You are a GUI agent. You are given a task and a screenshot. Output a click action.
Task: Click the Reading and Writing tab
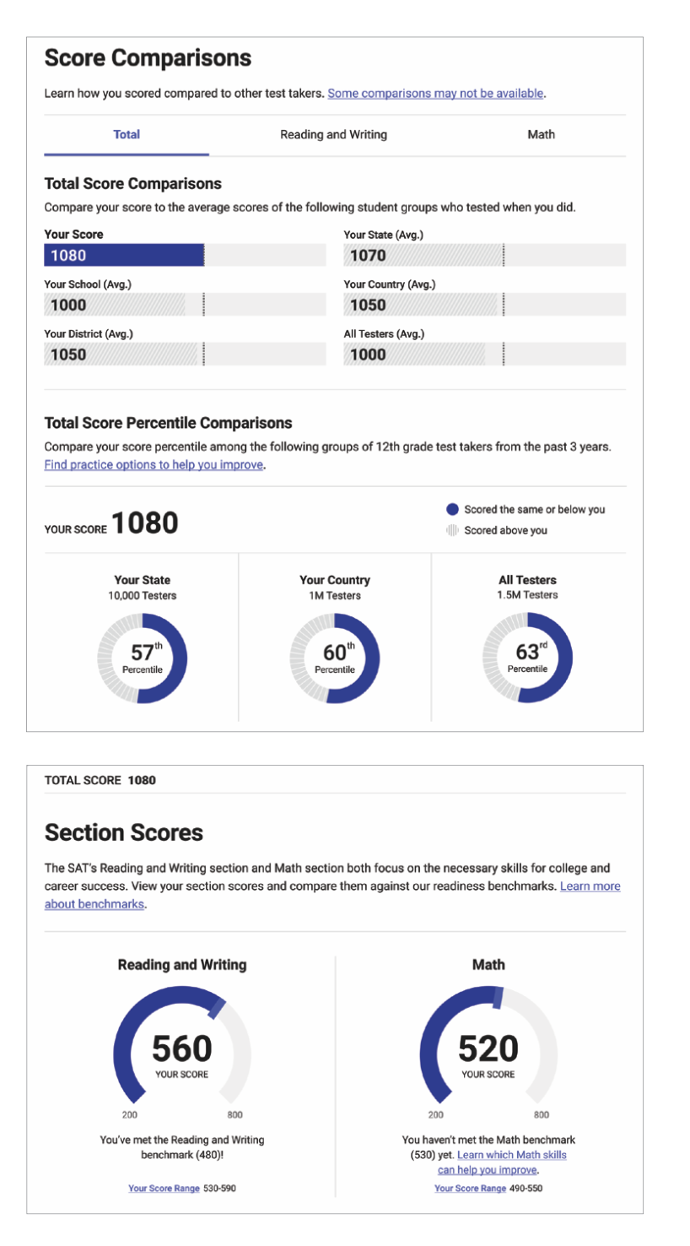pyautogui.click(x=333, y=135)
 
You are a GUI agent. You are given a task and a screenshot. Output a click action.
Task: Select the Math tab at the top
pyautogui.click(x=541, y=135)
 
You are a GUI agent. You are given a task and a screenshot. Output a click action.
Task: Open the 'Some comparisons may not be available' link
pyautogui.click(x=435, y=94)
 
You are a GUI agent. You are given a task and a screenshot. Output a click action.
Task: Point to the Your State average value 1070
pyautogui.click(x=368, y=256)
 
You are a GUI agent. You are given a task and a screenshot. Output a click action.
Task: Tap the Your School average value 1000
pyautogui.click(x=68, y=306)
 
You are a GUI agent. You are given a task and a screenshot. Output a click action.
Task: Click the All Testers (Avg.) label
pyautogui.click(x=384, y=334)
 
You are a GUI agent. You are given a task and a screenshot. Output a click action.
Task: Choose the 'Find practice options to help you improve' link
pyautogui.click(x=154, y=465)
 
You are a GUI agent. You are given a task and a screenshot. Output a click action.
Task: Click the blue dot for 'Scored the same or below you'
pyautogui.click(x=452, y=510)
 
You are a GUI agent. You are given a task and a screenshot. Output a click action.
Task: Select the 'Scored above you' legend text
pyautogui.click(x=505, y=531)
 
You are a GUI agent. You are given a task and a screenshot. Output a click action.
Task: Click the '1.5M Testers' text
pyautogui.click(x=527, y=595)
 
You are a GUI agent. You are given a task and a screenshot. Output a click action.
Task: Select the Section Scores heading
pyautogui.click(x=123, y=833)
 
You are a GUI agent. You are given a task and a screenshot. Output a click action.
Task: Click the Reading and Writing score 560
pyautogui.click(x=181, y=1048)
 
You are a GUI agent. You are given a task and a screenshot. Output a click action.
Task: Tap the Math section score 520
pyautogui.click(x=488, y=1048)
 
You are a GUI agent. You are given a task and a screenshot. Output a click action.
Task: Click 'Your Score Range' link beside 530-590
pyautogui.click(x=164, y=1189)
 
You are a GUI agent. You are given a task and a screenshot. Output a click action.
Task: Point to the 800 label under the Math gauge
pyautogui.click(x=541, y=1115)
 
